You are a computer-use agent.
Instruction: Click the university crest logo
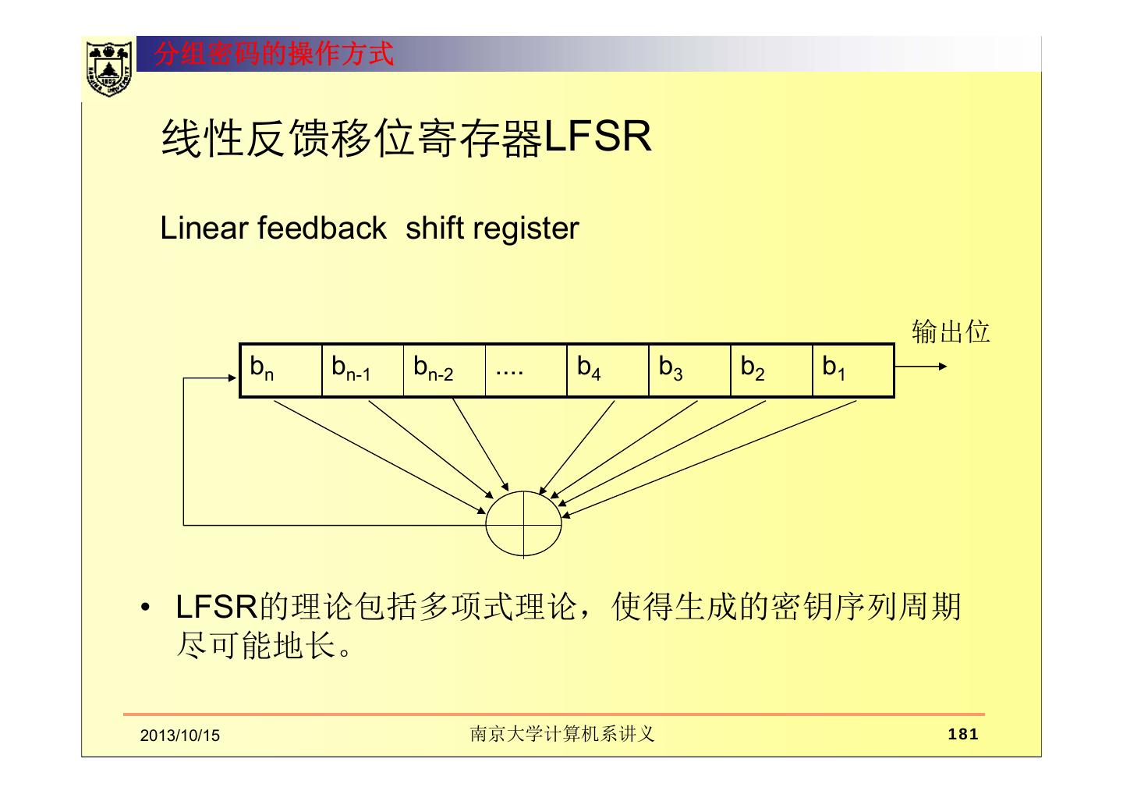108,68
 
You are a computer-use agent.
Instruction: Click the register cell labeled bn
281,370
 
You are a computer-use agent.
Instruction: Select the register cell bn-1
363,370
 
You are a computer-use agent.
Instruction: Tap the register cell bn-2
445,370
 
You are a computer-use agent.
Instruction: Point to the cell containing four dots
526,370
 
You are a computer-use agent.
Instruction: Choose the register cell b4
608,370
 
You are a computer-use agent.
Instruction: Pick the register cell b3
689,370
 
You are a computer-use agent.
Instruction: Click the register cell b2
771,370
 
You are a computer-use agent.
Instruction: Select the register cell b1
853,370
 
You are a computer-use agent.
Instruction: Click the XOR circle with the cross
523,523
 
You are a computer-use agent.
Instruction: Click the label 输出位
951,331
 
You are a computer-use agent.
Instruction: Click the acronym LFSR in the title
597,138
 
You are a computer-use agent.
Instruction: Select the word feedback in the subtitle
321,229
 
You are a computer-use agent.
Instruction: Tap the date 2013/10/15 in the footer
180,736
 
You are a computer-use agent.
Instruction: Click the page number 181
962,734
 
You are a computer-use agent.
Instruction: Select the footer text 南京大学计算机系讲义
561,734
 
